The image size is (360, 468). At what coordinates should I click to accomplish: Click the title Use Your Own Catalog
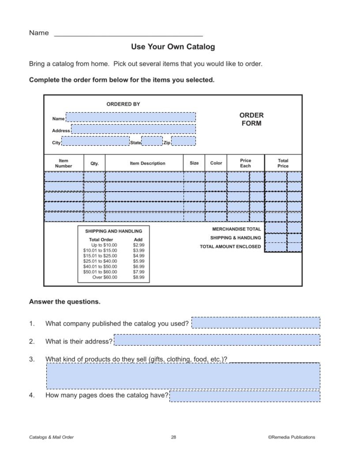pyautogui.click(x=173, y=47)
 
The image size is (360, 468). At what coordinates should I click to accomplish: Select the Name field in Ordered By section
pyautogui.click(x=131, y=117)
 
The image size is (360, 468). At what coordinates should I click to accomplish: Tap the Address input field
pyautogui.click(x=133, y=129)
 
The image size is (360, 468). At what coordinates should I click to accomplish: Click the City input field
pyautogui.click(x=95, y=141)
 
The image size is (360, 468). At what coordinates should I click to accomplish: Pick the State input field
pyautogui.click(x=152, y=141)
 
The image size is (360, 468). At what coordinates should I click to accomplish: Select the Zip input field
pyautogui.click(x=183, y=141)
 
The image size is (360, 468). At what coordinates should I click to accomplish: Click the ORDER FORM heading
pyautogui.click(x=251, y=119)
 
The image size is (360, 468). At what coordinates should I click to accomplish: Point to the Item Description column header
pyautogui.click(x=148, y=163)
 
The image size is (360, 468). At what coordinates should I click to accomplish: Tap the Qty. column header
pyautogui.click(x=94, y=163)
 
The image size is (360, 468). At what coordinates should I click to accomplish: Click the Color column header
pyautogui.click(x=216, y=163)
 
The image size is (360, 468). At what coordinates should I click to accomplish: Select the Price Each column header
pyautogui.click(x=246, y=163)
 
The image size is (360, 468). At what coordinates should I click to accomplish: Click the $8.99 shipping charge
pyautogui.click(x=139, y=278)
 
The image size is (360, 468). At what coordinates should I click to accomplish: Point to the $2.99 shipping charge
pyautogui.click(x=139, y=245)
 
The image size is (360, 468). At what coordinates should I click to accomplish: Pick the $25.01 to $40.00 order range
pyautogui.click(x=100, y=261)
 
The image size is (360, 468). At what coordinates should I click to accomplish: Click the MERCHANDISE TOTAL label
pyautogui.click(x=237, y=229)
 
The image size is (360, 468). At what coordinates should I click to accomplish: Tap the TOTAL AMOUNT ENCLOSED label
pyautogui.click(x=230, y=247)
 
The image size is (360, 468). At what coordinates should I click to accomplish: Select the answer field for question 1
pyautogui.click(x=256, y=323)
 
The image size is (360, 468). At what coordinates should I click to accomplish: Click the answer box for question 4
pyautogui.click(x=244, y=396)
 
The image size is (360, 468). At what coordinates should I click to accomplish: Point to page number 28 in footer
pyautogui.click(x=174, y=437)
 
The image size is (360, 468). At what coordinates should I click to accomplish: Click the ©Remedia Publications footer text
pyautogui.click(x=291, y=437)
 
